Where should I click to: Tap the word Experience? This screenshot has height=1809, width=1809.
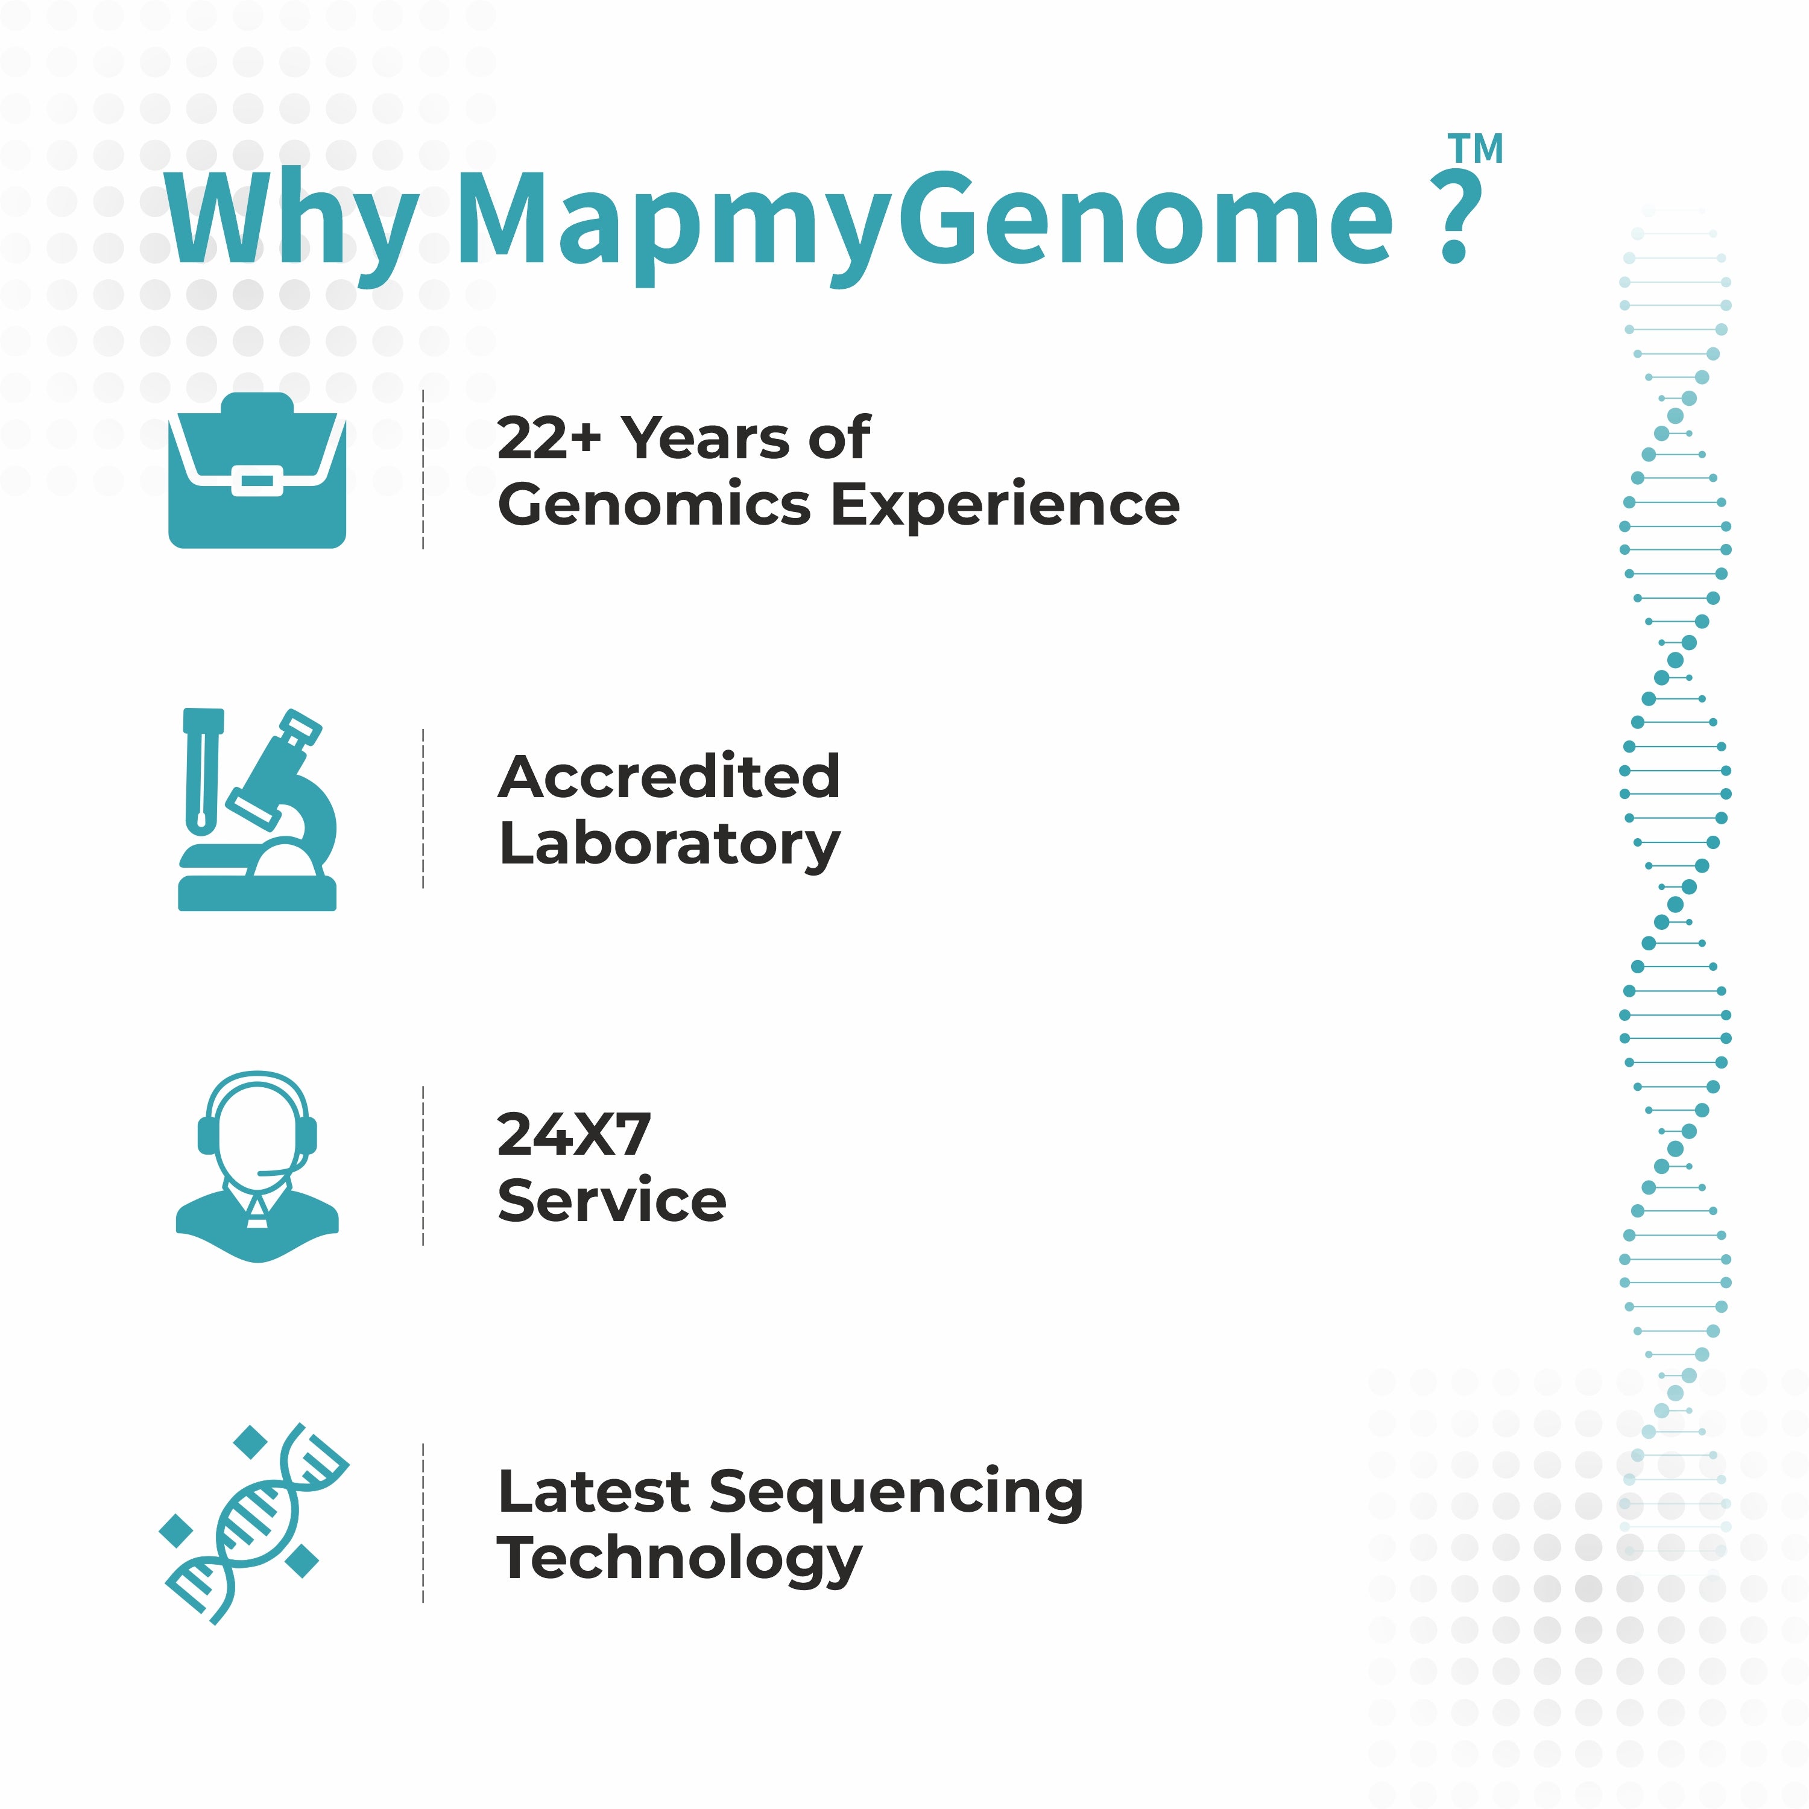(x=1006, y=507)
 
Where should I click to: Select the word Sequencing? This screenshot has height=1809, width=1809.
(x=897, y=1494)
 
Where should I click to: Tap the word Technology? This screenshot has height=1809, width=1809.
(x=680, y=1561)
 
